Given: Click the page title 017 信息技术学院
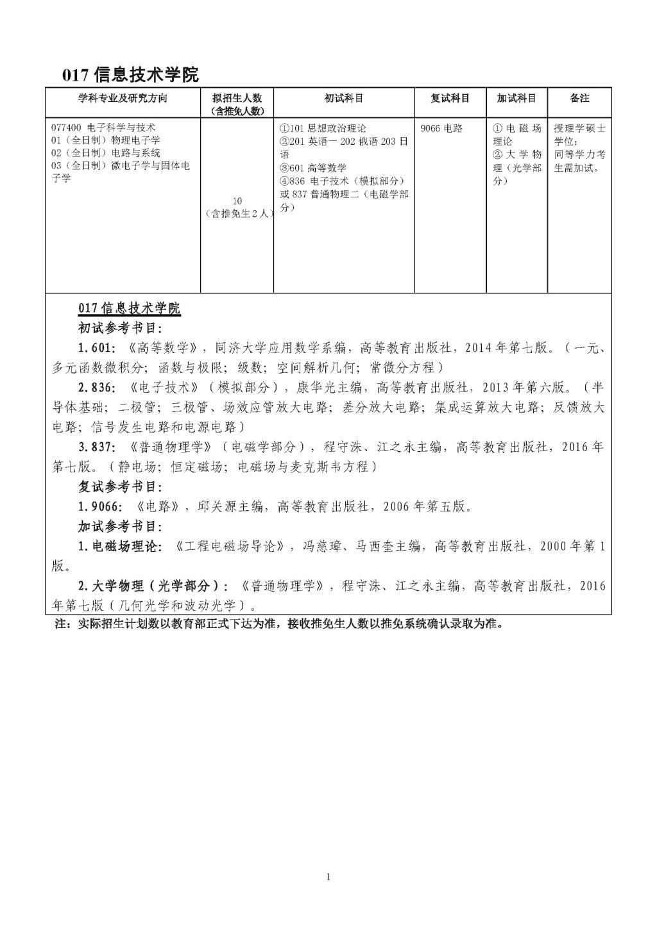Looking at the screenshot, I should pos(130,74).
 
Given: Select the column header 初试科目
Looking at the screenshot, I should pos(344,98).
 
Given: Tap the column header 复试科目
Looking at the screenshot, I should pos(450,98).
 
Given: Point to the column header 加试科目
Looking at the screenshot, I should pos(516,98).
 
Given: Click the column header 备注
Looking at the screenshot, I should pos(579,98).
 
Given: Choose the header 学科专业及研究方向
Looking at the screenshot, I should pos(123,98).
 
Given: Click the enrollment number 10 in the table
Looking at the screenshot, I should pos(237,201).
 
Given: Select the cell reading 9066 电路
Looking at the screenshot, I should pos(441,128).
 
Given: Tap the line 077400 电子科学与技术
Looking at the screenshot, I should pos(104,128).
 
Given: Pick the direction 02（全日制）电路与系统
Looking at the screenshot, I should pos(106,153).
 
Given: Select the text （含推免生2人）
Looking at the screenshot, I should pos(237,213).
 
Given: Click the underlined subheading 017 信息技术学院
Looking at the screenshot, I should pos(129,308).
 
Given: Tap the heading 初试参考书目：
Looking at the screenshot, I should pos(121,329).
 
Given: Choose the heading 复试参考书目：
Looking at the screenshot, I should pos(121,487).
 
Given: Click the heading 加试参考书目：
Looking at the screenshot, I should pos(121,527).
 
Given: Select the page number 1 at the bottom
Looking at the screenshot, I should pos(328,877).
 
